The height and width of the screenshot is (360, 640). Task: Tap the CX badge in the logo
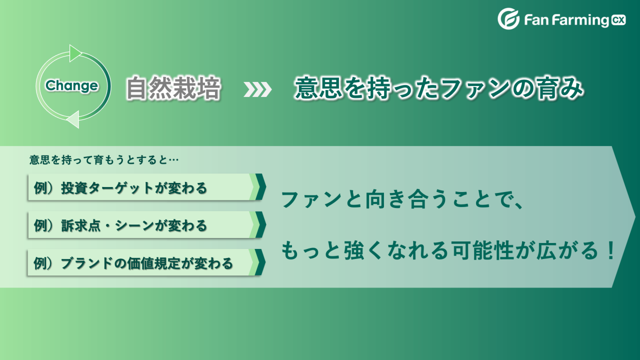click(619, 20)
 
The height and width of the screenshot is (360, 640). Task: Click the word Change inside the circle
click(71, 86)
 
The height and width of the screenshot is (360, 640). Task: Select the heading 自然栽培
click(173, 88)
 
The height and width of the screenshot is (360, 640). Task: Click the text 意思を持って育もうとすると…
click(104, 160)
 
